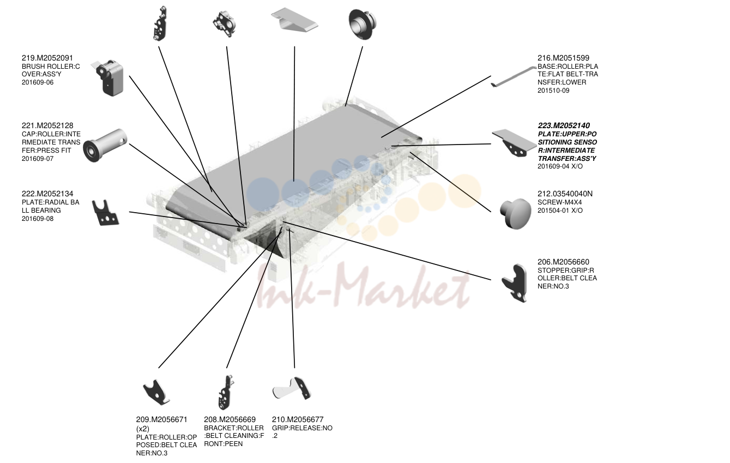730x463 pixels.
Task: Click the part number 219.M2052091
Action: (47, 58)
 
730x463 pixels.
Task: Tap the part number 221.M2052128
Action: (47, 125)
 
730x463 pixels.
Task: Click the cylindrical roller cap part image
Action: (105, 145)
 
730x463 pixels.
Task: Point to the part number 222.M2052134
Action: (47, 194)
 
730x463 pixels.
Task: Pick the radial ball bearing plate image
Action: (105, 213)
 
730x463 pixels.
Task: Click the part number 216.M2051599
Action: (564, 58)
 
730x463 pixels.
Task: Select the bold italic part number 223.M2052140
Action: (564, 125)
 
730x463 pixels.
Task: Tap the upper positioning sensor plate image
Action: (514, 143)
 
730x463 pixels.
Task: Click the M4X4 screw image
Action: (516, 214)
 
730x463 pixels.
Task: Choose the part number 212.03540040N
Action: (565, 194)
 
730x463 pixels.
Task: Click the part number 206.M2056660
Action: (564, 262)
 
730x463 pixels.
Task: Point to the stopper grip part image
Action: (515, 283)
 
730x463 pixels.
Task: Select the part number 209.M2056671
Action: (161, 419)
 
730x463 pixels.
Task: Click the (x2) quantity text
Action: (143, 429)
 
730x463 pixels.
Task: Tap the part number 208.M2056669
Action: (230, 419)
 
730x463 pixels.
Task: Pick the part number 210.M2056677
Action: (298, 419)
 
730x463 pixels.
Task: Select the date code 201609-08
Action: (38, 219)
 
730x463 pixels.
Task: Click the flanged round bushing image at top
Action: (363, 24)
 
